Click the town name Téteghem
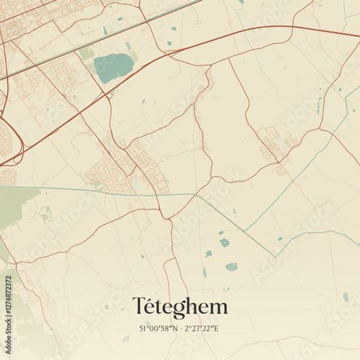tap(180, 307)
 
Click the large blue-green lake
tap(113, 68)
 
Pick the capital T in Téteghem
tap(139, 307)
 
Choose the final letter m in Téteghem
tap(218, 309)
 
